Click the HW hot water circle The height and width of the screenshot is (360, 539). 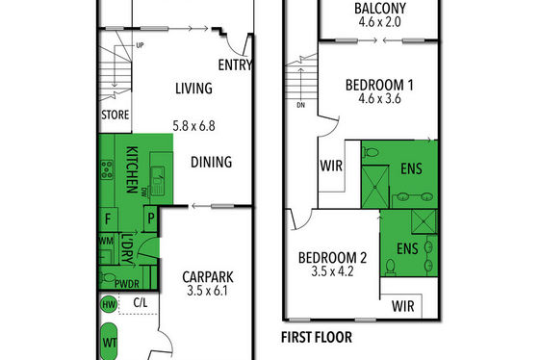pos(109,304)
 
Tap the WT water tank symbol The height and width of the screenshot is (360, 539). pos(109,342)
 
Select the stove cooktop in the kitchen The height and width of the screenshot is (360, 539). pos(107,169)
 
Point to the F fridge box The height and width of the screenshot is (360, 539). pos(108,219)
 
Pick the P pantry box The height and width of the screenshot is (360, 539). pos(150,219)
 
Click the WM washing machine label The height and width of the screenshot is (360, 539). pos(106,241)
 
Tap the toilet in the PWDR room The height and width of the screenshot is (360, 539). pos(108,277)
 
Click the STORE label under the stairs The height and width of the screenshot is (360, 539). pos(115,115)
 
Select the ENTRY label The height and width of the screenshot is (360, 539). pos(236,64)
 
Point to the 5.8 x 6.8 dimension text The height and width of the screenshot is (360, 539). pos(193,126)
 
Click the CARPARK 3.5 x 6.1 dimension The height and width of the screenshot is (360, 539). pos(207,291)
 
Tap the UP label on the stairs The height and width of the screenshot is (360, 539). pos(140,45)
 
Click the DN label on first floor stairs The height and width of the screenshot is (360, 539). pos(300,105)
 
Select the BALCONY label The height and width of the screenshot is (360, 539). pos(380,9)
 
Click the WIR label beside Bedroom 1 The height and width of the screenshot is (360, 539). pos(331,166)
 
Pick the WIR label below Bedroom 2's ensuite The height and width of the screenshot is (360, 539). pos(403,306)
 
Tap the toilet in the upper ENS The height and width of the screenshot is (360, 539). pos(371,152)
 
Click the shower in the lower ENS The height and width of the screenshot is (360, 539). pos(423,221)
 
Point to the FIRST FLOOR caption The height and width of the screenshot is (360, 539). pos(317,337)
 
